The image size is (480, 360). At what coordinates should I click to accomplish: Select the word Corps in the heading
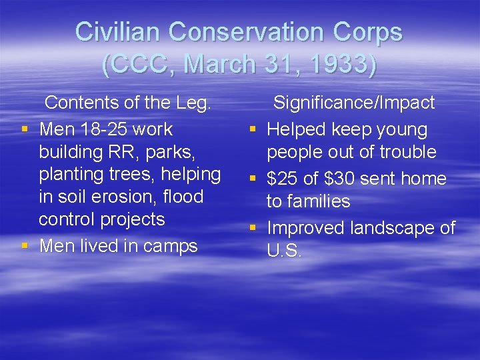pyautogui.click(x=371, y=31)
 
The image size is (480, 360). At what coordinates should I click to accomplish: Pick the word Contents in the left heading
pyautogui.click(x=84, y=103)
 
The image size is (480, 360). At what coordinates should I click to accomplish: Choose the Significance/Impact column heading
pyautogui.click(x=354, y=103)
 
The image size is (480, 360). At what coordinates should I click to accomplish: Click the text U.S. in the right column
pyautogui.click(x=285, y=251)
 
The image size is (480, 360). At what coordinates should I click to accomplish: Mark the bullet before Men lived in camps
pyautogui.click(x=25, y=247)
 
